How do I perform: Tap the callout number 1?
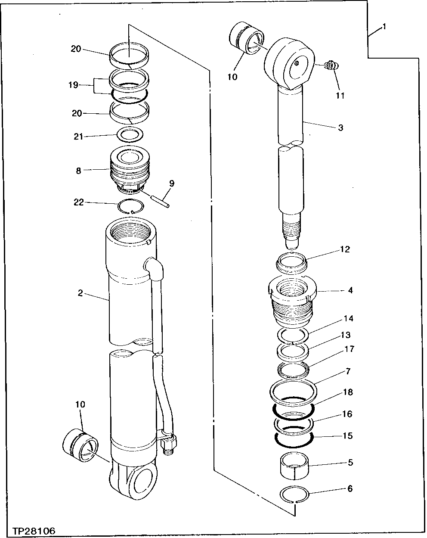[x=384, y=27]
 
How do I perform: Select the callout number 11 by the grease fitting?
[x=340, y=96]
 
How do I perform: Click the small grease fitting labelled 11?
[x=331, y=65]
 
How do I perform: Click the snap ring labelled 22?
[x=130, y=207]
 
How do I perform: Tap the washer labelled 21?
[x=130, y=135]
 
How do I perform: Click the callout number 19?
[x=73, y=85]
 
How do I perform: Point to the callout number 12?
[x=345, y=249]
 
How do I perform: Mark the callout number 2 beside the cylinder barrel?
[x=80, y=293]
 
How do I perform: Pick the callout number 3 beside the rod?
[x=340, y=128]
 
